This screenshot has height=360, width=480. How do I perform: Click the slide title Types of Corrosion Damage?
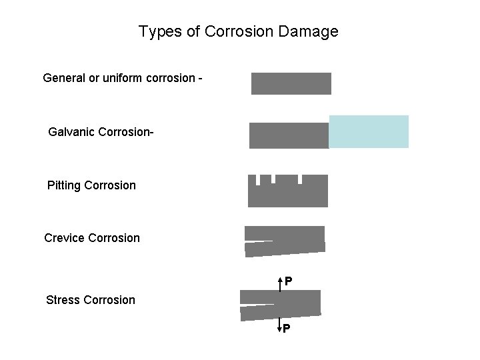(x=238, y=31)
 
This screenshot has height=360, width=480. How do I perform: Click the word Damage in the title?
(x=311, y=31)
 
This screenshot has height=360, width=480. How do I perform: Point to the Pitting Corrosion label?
(x=91, y=185)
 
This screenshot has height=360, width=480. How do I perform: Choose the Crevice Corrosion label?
(x=92, y=238)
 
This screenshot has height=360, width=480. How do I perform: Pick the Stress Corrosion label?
(x=91, y=299)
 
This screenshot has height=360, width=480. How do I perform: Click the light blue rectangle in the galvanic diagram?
(x=369, y=131)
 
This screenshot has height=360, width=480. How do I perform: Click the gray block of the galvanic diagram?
(x=289, y=135)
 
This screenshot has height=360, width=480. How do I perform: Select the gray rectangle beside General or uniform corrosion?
(x=291, y=83)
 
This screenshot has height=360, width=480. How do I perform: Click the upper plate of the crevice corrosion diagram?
(x=285, y=233)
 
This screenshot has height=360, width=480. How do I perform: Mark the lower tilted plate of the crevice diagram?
(x=285, y=249)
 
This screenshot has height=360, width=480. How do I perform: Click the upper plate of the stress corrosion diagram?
(x=280, y=297)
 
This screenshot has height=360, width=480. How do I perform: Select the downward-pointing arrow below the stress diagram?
(x=280, y=325)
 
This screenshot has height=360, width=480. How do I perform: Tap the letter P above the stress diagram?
(x=287, y=282)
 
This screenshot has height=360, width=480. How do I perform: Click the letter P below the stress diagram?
(x=286, y=329)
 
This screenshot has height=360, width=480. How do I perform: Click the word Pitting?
(x=65, y=185)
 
